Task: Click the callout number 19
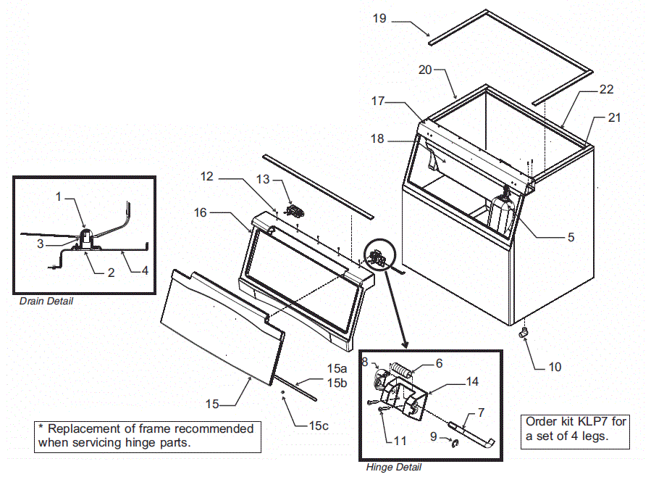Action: coord(380,18)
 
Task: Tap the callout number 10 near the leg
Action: coord(554,368)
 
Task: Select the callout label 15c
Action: coord(319,426)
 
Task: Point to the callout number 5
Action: coord(571,237)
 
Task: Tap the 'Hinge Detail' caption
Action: coord(394,468)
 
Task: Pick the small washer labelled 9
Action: coord(455,443)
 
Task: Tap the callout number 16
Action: coord(201,212)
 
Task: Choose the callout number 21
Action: coord(615,117)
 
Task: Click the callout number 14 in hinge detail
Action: coord(472,381)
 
